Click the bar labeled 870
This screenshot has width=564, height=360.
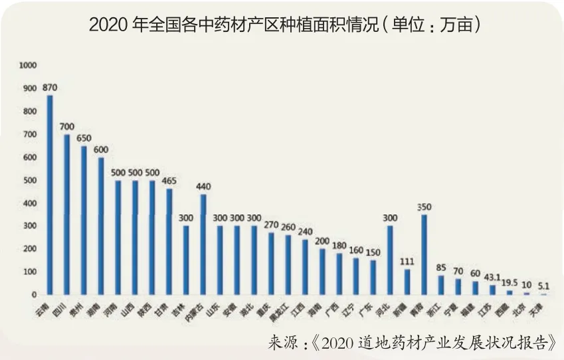tap(49, 195)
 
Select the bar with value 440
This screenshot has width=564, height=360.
tap(203, 244)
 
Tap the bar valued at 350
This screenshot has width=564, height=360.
tap(424, 254)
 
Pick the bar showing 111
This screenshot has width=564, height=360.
tap(407, 282)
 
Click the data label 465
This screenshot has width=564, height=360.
tap(169, 179)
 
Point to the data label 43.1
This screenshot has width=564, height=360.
tap(492, 276)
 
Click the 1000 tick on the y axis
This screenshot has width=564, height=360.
tap(28, 65)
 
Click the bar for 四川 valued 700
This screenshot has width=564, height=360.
tap(66, 215)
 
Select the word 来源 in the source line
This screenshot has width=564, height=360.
tap(282, 343)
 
